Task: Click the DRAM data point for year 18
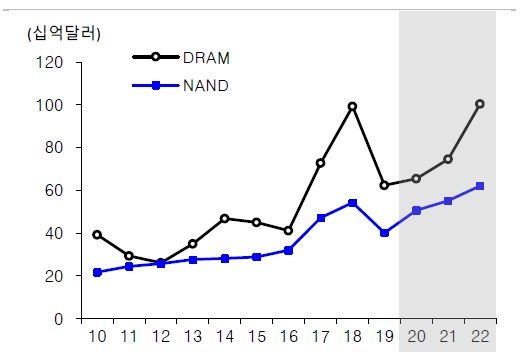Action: pyautogui.click(x=352, y=106)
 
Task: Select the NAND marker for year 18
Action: pyautogui.click(x=352, y=203)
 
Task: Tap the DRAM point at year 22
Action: pyautogui.click(x=480, y=104)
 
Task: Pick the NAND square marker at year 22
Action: pyautogui.click(x=480, y=186)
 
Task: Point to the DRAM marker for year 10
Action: pyautogui.click(x=97, y=234)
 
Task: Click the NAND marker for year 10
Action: pyautogui.click(x=97, y=272)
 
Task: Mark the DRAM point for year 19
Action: pyautogui.click(x=384, y=185)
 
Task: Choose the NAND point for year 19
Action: pyautogui.click(x=384, y=232)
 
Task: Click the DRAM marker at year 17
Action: pyautogui.click(x=320, y=162)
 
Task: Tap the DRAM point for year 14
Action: pyautogui.click(x=224, y=218)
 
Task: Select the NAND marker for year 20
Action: pyautogui.click(x=416, y=210)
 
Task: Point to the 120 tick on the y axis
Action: pyautogui.click(x=50, y=62)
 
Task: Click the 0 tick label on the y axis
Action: pyautogui.click(x=59, y=319)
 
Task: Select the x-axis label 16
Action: pyautogui.click(x=288, y=337)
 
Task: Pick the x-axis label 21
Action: pyautogui.click(x=448, y=337)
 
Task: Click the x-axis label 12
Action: pyautogui.click(x=160, y=337)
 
